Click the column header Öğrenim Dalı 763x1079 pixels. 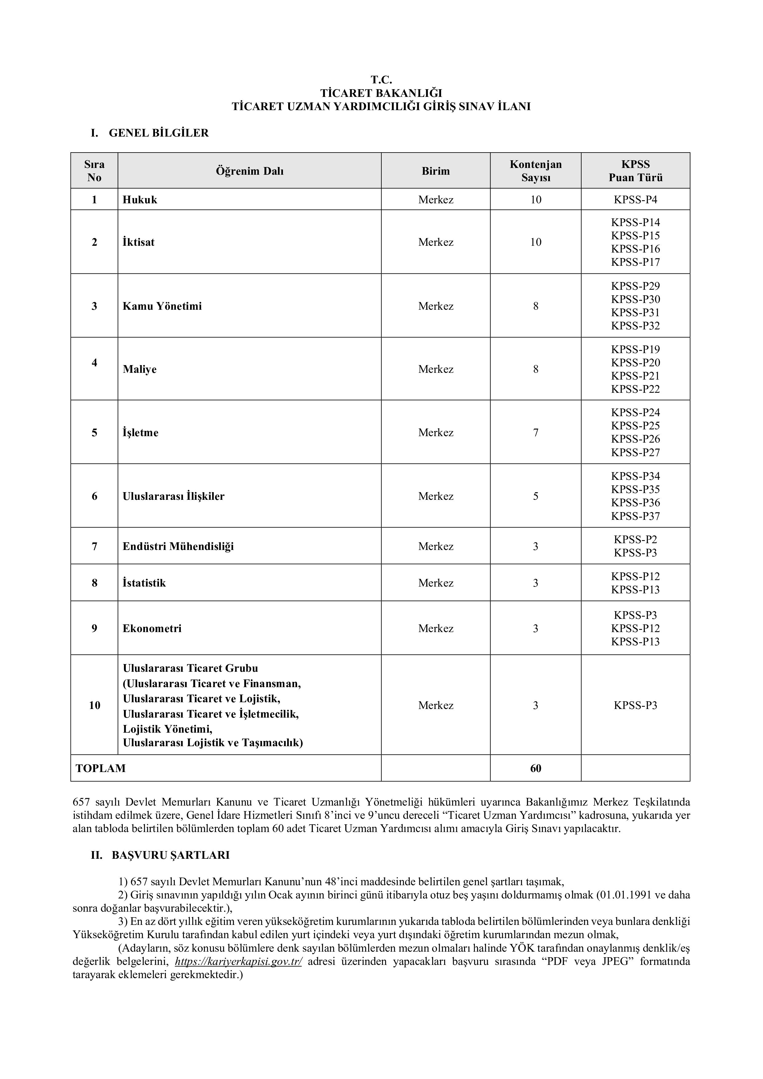coord(249,171)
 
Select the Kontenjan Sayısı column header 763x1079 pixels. coord(536,171)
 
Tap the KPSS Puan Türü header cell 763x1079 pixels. coord(635,171)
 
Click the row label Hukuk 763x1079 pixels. coord(140,200)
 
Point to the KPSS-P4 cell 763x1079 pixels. coord(635,200)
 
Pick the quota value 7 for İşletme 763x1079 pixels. coord(536,433)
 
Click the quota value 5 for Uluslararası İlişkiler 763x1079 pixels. coord(536,496)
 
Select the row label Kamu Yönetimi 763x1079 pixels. coord(162,306)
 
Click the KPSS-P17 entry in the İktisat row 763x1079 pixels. coord(635,262)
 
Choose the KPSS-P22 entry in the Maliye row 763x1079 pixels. coord(635,389)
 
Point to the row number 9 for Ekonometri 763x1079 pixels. coord(94,629)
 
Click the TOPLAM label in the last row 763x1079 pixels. coord(101,768)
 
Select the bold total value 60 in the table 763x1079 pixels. coord(536,768)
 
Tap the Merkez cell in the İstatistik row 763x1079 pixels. coord(435,583)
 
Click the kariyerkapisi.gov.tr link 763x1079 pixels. coord(238,962)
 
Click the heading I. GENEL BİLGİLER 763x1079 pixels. coord(150,133)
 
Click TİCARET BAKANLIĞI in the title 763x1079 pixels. coord(381,93)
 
